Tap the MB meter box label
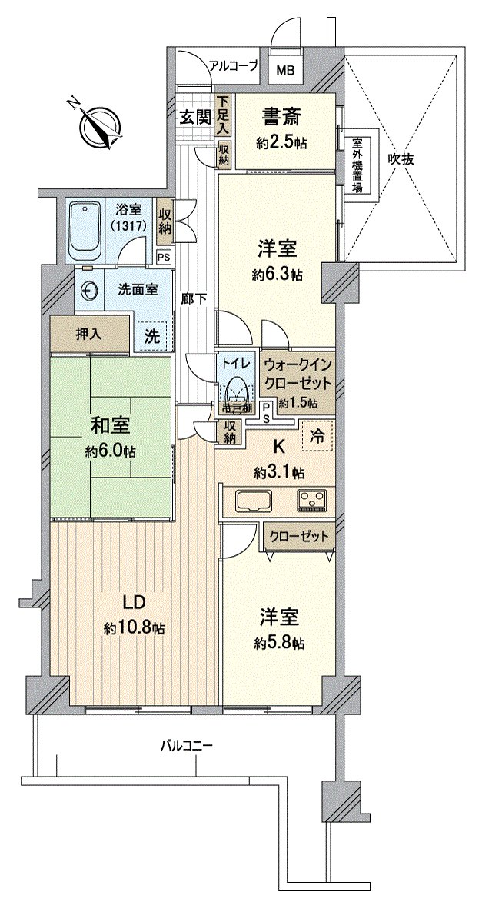pyautogui.click(x=285, y=70)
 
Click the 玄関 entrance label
pyautogui.click(x=195, y=117)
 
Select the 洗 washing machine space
pyautogui.click(x=151, y=335)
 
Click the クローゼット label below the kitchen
pyautogui.click(x=300, y=536)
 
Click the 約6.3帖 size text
pyautogui.click(x=278, y=275)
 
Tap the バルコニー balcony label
pyautogui.click(x=186, y=745)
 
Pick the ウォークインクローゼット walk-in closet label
pyautogui.click(x=297, y=373)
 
